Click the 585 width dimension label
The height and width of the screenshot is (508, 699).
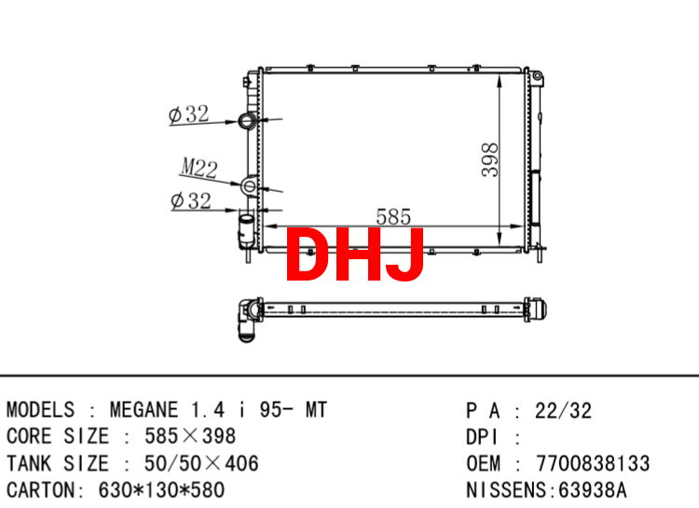click(x=393, y=217)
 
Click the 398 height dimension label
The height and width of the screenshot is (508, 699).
click(x=490, y=160)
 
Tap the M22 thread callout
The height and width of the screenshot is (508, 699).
click(x=199, y=168)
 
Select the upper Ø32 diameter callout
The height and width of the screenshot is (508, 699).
click(x=189, y=114)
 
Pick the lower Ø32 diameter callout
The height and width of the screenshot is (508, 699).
click(x=191, y=200)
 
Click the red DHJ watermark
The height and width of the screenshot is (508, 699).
click(x=355, y=254)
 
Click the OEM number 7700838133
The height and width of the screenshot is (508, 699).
click(x=593, y=463)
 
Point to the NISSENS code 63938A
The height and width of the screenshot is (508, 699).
click(x=593, y=489)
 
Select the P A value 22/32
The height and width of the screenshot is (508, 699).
click(x=564, y=411)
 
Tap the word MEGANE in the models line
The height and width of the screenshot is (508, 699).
click(x=144, y=410)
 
